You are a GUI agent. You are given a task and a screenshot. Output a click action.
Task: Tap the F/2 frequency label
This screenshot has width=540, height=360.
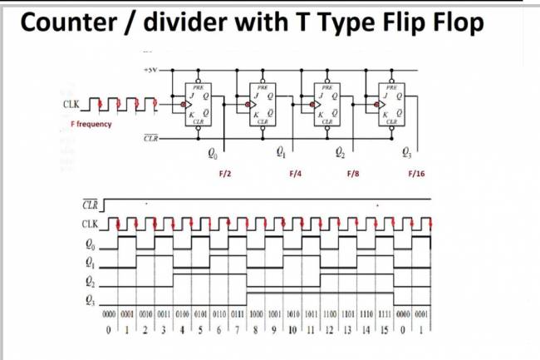coord(224,175)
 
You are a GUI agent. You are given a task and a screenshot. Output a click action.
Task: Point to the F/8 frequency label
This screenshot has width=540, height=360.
coord(352,175)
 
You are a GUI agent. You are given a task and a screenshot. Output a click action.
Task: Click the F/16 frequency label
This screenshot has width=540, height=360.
coord(416,175)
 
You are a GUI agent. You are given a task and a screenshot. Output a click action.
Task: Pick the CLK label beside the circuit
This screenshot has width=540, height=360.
coord(71,106)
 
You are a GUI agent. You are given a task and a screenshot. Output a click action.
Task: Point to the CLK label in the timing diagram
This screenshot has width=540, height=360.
coord(90,224)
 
